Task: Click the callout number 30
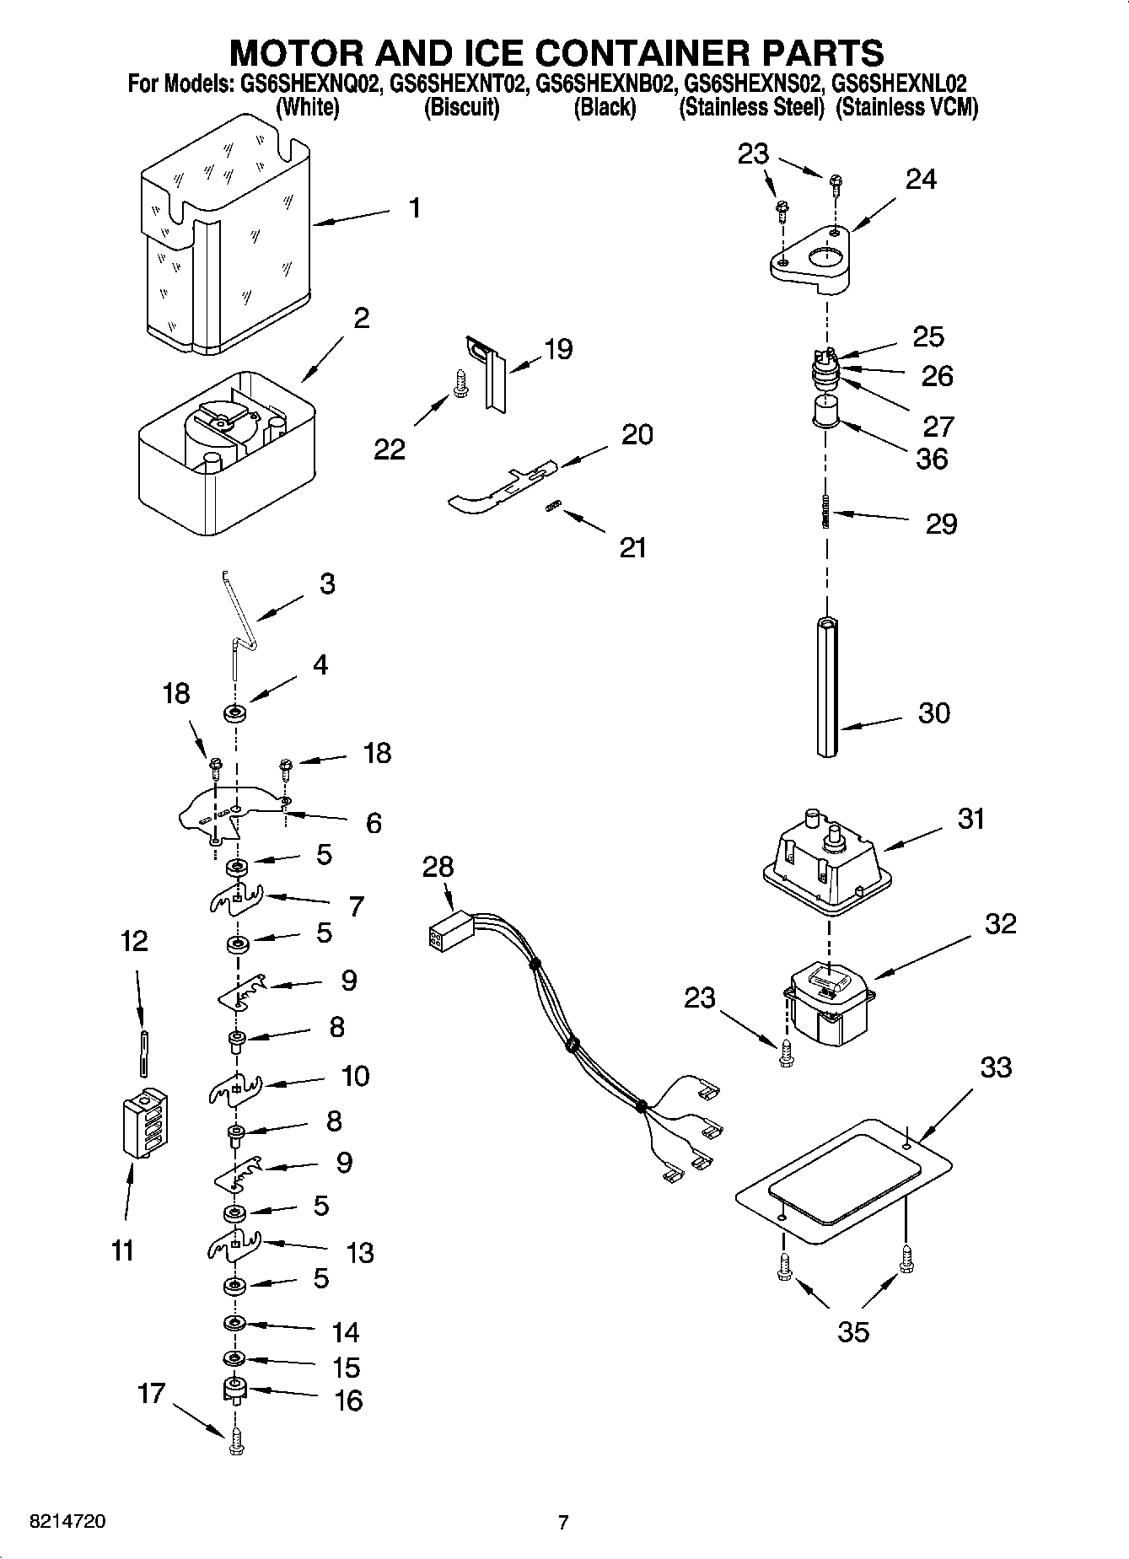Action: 933,713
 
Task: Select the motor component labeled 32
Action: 828,1007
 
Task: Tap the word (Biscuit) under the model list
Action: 461,108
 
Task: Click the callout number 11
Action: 123,1250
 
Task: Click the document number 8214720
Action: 67,1522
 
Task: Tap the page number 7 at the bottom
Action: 562,1522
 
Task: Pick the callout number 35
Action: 852,1332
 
